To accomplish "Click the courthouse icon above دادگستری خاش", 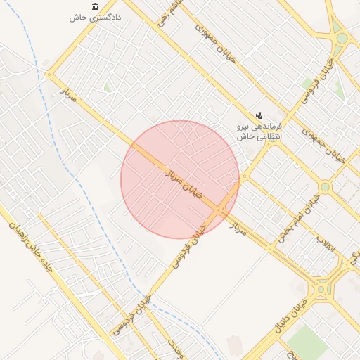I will pyautogui.click(x=95, y=6).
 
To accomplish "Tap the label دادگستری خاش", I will pyautogui.click(x=96, y=18).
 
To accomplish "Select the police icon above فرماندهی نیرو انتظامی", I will pyautogui.click(x=259, y=114).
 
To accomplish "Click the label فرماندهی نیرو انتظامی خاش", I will pyautogui.click(x=258, y=131).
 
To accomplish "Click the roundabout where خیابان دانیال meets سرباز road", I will pyautogui.click(x=322, y=288).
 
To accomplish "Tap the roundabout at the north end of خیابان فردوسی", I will pyautogui.click(x=341, y=37).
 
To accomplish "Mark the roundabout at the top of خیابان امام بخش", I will pyautogui.click(x=325, y=187).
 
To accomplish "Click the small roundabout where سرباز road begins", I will pyautogui.click(x=49, y=75).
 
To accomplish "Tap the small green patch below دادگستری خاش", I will pyautogui.click(x=108, y=88).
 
